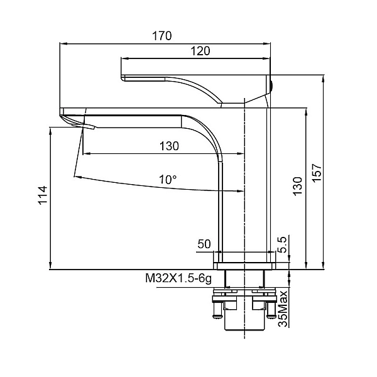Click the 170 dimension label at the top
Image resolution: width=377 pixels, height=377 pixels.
162,36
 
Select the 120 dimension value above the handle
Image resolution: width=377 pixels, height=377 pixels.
200,51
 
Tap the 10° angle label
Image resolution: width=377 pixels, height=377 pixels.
168,179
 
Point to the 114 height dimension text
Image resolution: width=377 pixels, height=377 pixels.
43,195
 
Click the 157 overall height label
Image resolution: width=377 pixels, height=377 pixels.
317,173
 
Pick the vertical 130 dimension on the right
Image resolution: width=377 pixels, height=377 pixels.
298,186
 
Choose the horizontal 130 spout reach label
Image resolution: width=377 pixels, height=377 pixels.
169,146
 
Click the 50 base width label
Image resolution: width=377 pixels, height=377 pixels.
204,244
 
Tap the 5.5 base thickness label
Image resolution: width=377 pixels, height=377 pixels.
282,244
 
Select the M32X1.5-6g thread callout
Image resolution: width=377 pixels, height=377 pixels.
178,278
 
